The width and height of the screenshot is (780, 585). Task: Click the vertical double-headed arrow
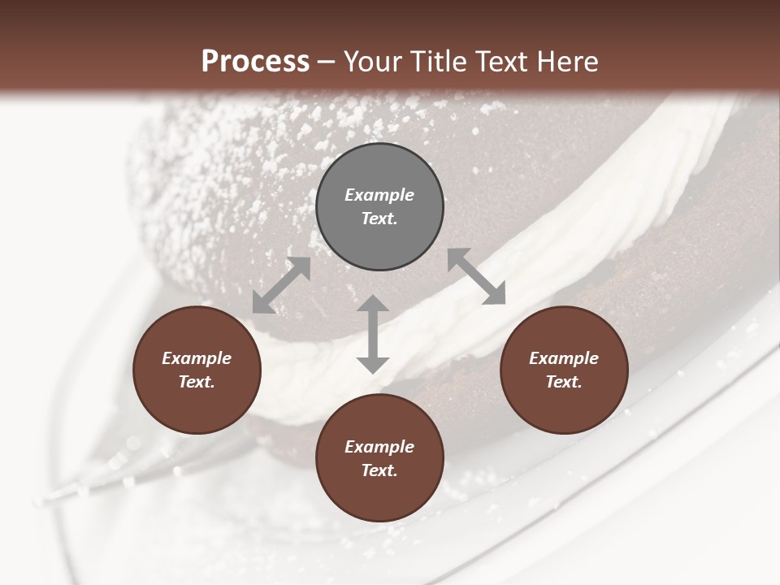(x=373, y=334)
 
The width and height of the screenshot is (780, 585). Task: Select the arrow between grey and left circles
(x=281, y=285)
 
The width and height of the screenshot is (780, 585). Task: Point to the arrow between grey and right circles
(x=476, y=277)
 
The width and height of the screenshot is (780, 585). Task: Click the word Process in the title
(x=255, y=61)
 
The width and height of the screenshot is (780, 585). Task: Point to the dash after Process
(x=327, y=62)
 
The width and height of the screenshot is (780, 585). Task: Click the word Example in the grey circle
(x=379, y=195)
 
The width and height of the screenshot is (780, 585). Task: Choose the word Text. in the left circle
(x=197, y=382)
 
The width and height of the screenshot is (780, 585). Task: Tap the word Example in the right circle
(x=564, y=358)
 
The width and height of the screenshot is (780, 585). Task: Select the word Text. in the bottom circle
(x=379, y=470)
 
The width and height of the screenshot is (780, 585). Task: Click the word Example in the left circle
(x=197, y=358)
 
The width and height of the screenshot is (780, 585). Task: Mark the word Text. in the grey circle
(x=379, y=219)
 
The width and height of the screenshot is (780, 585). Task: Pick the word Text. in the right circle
(x=564, y=382)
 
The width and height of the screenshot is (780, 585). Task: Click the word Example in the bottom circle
(x=379, y=447)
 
